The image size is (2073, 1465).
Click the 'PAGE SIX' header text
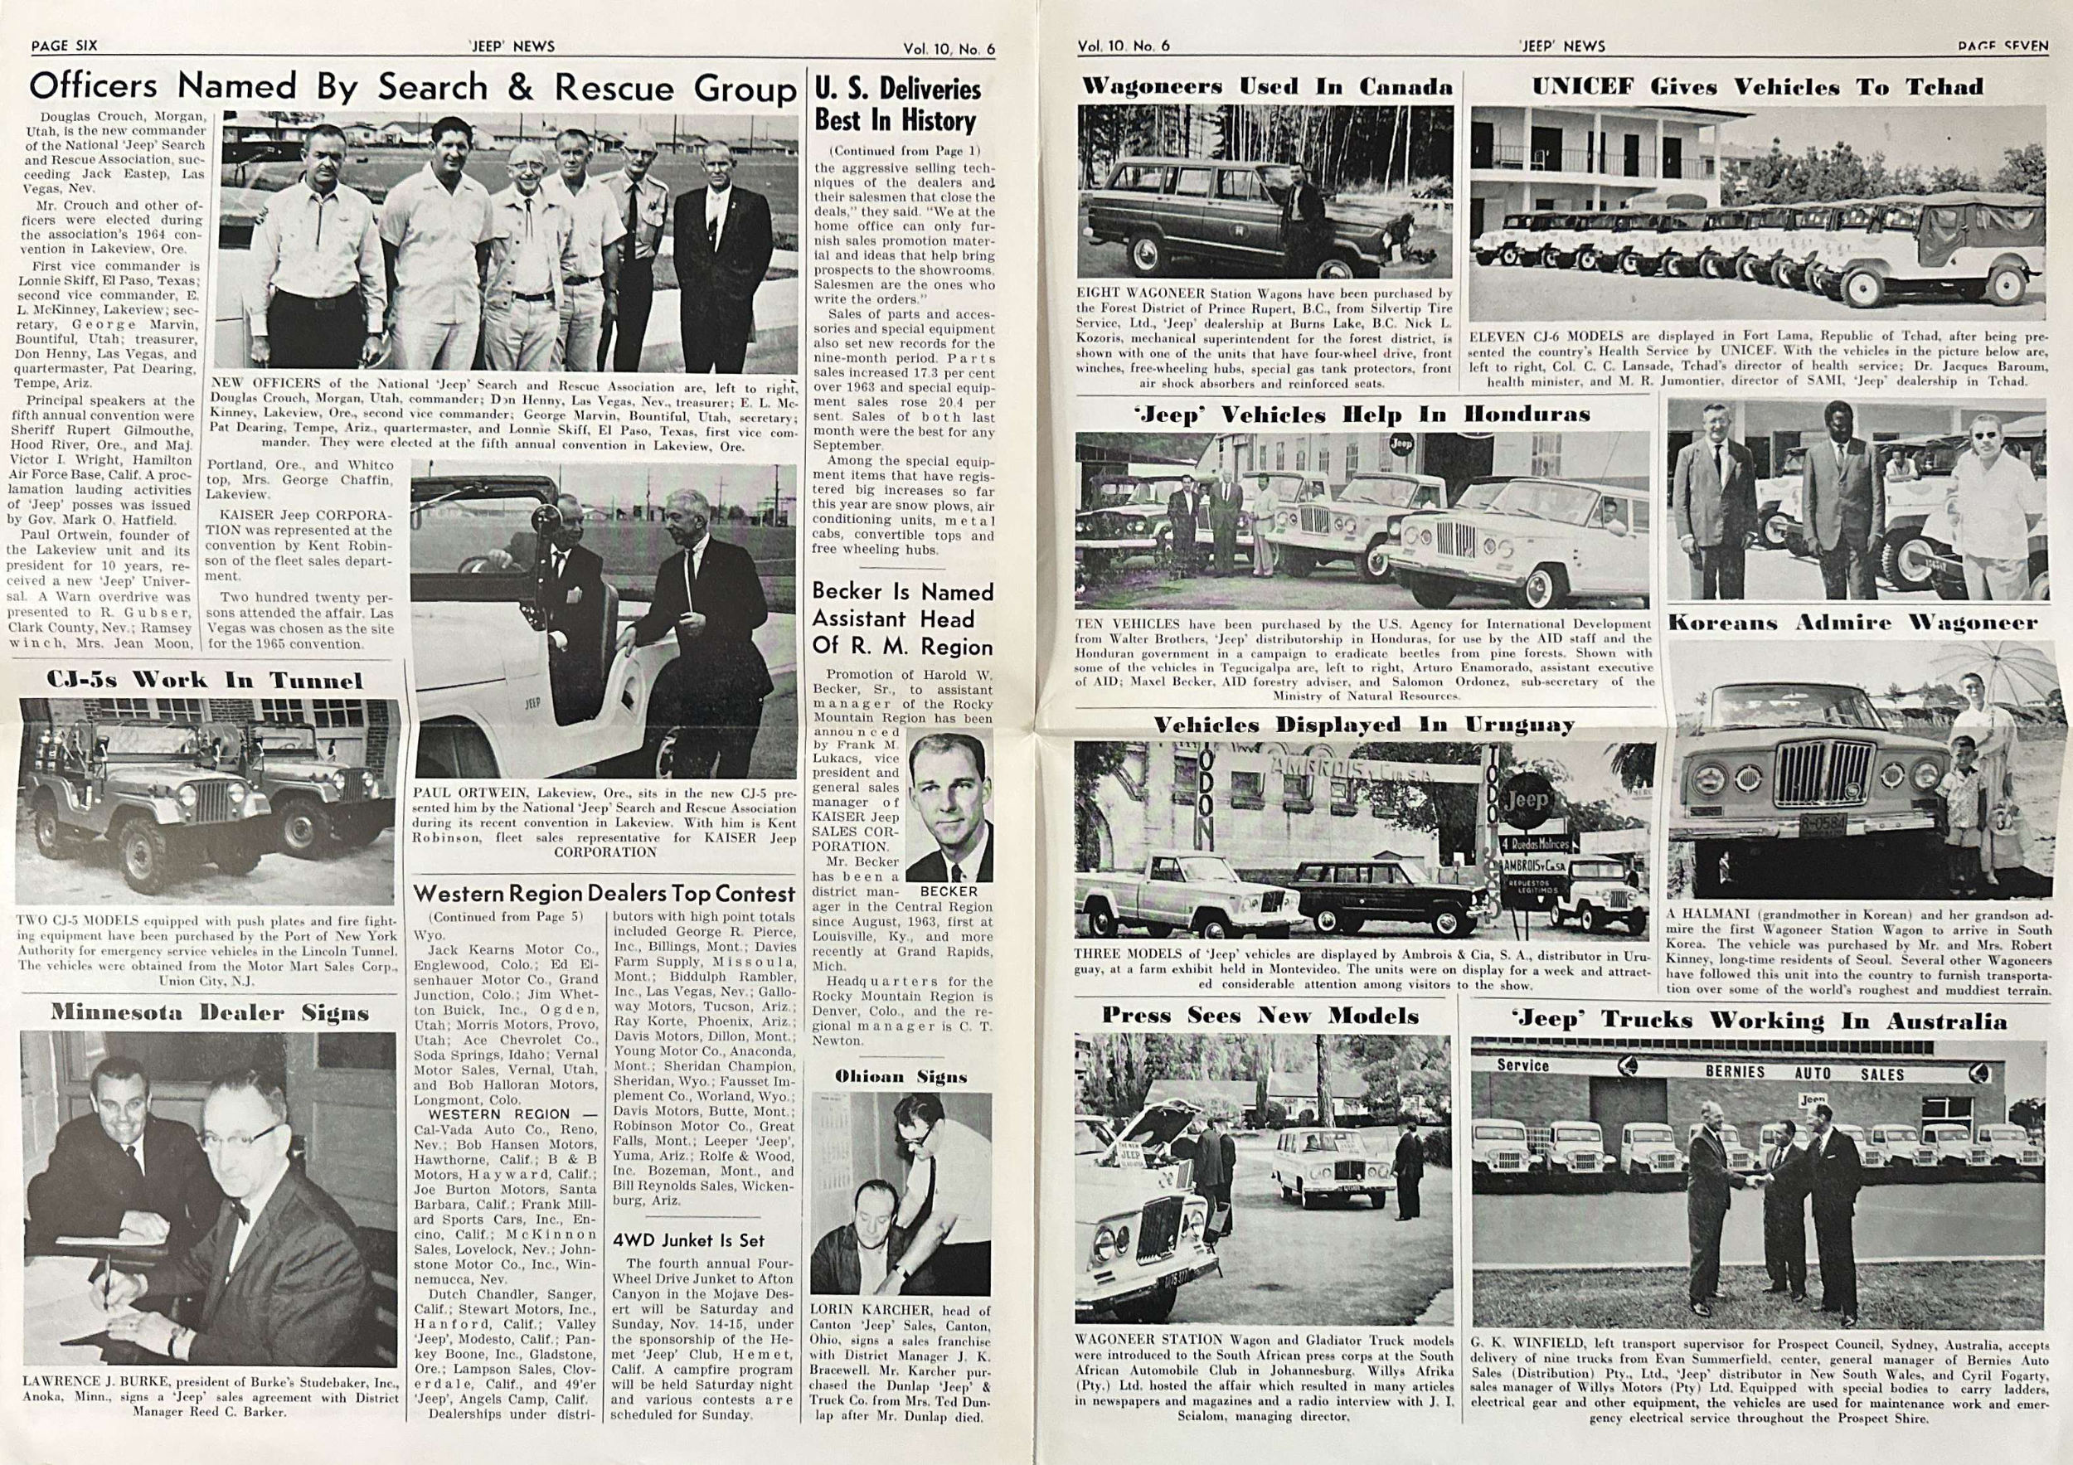64,45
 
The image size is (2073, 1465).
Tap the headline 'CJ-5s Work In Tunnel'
204,680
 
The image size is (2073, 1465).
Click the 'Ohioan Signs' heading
901,1076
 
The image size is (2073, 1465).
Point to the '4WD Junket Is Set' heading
688,1239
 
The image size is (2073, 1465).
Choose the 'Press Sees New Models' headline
1260,1016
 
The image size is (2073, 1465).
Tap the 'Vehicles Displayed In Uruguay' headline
1363,725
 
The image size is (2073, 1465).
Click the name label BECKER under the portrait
949,891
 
